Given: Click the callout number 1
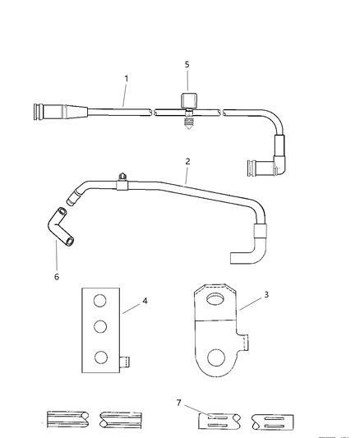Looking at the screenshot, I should [126, 78].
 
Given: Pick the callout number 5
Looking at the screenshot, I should [187, 62].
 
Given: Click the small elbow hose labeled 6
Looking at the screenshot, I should [62, 228].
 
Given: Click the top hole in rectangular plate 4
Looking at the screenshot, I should [99, 301].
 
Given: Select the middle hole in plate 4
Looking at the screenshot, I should [99, 327].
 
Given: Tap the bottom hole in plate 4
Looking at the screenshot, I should [99, 357].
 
